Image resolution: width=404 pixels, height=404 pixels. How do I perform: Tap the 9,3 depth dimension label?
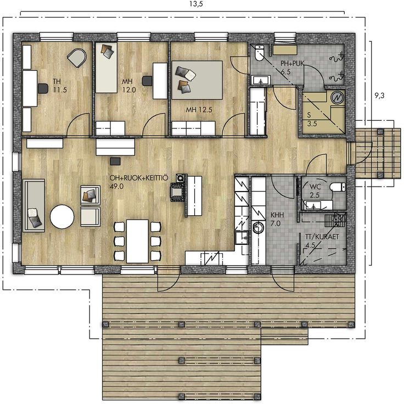coord(379,96)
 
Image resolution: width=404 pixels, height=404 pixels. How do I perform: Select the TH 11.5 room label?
coord(60,86)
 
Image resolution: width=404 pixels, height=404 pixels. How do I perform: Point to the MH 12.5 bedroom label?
coord(199,110)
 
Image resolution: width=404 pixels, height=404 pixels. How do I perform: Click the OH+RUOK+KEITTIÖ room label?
coord(139,178)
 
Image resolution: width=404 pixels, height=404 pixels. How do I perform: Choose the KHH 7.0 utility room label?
coord(277,219)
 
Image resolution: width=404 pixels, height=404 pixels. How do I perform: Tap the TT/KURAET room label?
coord(322,237)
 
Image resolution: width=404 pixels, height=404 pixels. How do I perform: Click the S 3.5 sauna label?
coord(312,119)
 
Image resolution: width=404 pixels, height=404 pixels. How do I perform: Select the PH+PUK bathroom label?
coord(292,63)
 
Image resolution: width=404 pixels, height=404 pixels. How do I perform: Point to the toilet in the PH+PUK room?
coord(260,53)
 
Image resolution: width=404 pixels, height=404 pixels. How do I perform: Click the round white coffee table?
coord(62,216)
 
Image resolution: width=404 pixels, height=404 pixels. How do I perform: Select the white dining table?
coord(137,241)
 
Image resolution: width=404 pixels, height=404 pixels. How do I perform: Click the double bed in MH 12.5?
coord(197,80)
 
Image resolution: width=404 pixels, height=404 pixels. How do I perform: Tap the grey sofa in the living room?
coord(33,206)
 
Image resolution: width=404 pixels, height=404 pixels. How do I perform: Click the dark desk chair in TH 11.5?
coord(43,88)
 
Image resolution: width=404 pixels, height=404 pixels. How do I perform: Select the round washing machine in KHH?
coord(259,228)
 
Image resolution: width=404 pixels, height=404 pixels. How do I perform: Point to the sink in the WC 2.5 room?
coord(313,205)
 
